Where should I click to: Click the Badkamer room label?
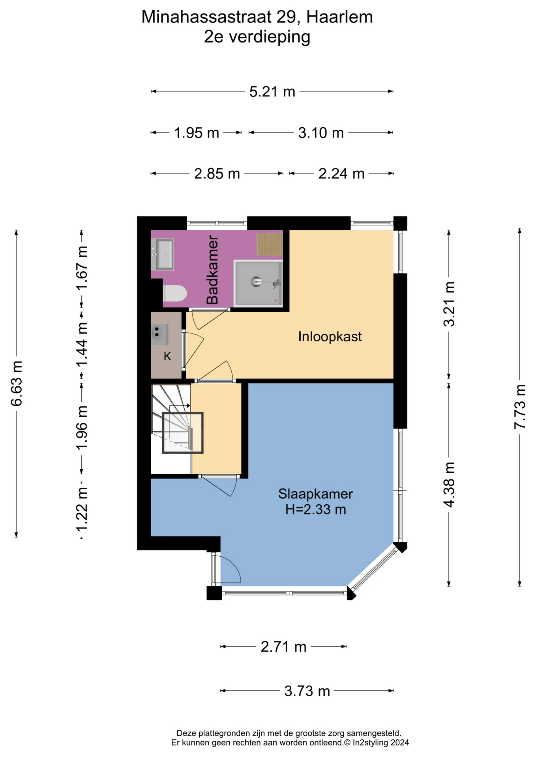(212, 270)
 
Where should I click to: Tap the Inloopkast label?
(330, 337)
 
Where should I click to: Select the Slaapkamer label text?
(315, 494)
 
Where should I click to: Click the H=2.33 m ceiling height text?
(316, 509)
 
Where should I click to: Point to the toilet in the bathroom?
(174, 293)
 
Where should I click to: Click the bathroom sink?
(162, 254)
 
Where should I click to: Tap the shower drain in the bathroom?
(255, 282)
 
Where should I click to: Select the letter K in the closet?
(167, 356)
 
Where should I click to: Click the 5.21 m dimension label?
(272, 92)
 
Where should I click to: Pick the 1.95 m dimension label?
(197, 133)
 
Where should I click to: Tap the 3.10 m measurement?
(321, 133)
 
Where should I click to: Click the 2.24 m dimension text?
(341, 173)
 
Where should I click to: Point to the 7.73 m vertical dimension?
(520, 406)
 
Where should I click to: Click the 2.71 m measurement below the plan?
(283, 647)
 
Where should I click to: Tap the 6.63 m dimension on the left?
(17, 384)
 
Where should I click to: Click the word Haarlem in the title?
(339, 17)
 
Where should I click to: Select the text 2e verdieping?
(257, 37)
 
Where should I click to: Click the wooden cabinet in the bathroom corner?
(270, 244)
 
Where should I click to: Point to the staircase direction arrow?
(180, 406)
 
